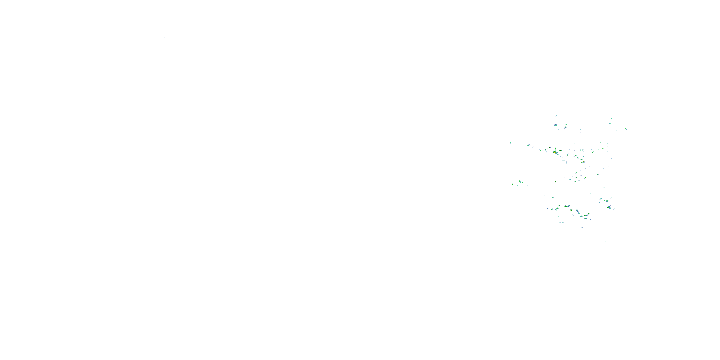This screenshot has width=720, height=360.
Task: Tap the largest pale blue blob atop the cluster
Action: (555, 125)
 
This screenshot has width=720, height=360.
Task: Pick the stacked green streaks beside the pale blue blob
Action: (566, 126)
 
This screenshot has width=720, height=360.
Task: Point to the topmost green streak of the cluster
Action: (556, 116)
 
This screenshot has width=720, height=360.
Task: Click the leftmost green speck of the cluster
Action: (510, 143)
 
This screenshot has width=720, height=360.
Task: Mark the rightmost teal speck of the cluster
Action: (626, 129)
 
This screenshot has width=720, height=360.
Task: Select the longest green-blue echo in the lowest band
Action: (567, 206)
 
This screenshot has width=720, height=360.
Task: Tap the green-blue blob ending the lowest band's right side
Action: (609, 207)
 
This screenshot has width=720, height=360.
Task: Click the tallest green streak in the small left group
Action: (520, 181)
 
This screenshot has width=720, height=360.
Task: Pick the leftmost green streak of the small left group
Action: (513, 184)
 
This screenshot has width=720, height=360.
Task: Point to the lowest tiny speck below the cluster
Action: (606, 241)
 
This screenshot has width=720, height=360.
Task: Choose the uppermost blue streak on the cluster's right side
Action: (611, 119)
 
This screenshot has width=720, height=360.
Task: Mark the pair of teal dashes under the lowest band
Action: (561, 222)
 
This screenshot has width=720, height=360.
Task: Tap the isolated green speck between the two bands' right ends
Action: (604, 187)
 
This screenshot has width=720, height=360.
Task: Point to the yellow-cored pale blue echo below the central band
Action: (583, 162)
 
